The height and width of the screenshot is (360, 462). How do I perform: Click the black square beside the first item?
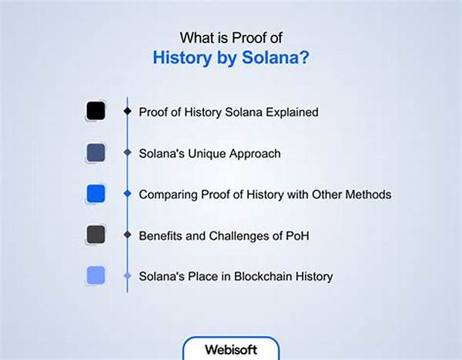[95, 112]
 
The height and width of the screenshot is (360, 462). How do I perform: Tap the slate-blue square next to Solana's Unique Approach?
[95, 152]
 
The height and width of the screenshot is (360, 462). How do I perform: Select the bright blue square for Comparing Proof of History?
[95, 194]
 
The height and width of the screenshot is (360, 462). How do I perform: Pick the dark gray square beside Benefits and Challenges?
[95, 235]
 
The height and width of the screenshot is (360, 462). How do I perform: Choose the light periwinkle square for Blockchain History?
[95, 275]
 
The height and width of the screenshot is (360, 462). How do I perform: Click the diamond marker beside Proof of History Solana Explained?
[127, 112]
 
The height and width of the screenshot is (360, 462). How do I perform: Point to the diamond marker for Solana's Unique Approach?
[127, 153]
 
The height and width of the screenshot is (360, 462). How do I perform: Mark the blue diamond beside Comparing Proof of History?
[127, 194]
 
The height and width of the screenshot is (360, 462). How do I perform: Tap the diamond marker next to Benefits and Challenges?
[127, 235]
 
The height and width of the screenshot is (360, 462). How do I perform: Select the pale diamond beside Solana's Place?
[127, 275]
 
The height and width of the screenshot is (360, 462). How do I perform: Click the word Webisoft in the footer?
[230, 348]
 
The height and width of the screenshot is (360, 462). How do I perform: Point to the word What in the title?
[196, 36]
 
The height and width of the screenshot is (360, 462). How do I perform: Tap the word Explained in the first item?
[291, 112]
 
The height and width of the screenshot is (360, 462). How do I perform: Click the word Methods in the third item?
[369, 195]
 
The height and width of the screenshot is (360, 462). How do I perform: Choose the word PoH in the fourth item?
[300, 235]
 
